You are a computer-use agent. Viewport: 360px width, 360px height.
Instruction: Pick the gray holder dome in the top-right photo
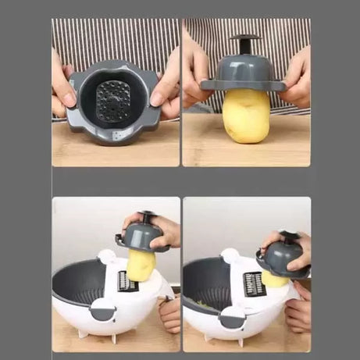(245, 70)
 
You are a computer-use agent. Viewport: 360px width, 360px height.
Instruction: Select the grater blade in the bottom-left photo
(128, 282)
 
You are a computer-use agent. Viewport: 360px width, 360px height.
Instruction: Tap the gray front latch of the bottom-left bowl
(103, 309)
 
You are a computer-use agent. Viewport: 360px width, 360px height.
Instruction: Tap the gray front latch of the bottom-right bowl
(231, 316)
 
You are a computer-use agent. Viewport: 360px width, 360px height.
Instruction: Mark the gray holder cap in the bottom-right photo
(283, 258)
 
